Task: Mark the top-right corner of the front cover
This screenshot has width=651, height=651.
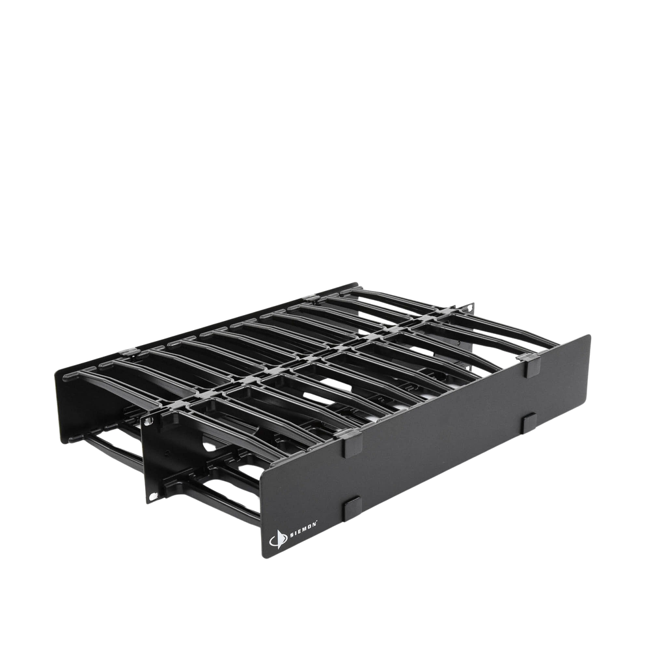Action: [x=591, y=335]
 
